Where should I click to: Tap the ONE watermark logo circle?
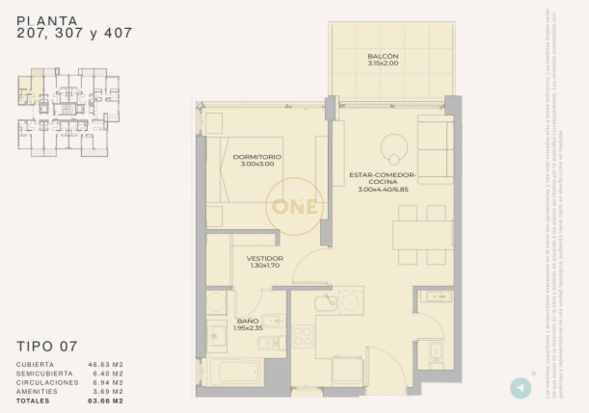pyautogui.click(x=294, y=206)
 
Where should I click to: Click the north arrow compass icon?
pyautogui.click(x=520, y=388)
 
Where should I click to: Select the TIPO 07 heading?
pyautogui.click(x=47, y=346)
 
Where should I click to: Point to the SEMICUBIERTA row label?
pyautogui.click(x=44, y=373)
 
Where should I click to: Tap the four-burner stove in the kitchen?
pyautogui.click(x=303, y=336)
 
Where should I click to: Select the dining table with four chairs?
pyautogui.click(x=422, y=235)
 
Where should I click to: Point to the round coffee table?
pyautogui.click(x=394, y=146)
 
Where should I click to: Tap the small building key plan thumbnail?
pyautogui.click(x=69, y=112)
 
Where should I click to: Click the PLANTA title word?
pyautogui.click(x=47, y=21)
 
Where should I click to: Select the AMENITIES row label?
pyautogui.click(x=37, y=391)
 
